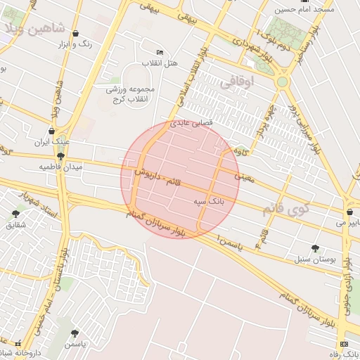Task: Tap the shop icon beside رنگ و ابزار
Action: (x=75, y=33)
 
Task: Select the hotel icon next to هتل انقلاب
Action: (x=160, y=53)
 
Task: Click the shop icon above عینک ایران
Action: (x=51, y=131)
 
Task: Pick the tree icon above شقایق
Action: (x=15, y=214)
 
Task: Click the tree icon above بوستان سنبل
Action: (x=315, y=248)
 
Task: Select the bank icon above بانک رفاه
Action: (x=343, y=343)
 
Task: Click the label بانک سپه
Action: (x=209, y=200)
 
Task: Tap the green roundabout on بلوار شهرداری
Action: (x=282, y=82)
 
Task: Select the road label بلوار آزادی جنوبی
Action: (x=345, y=295)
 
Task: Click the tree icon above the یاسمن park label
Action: (x=75, y=333)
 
